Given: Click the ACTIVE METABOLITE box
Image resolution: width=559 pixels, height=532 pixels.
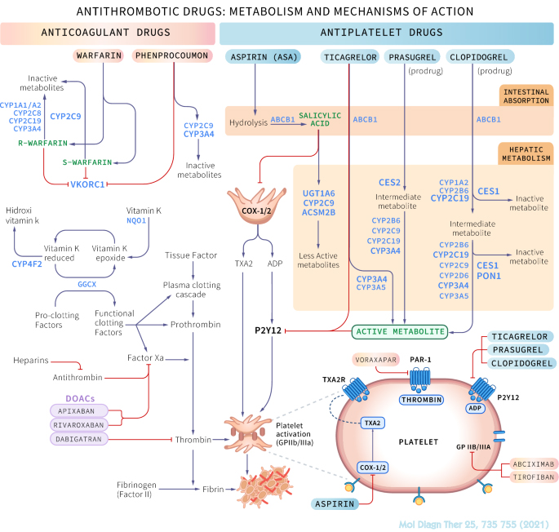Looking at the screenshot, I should pos(399,331).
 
